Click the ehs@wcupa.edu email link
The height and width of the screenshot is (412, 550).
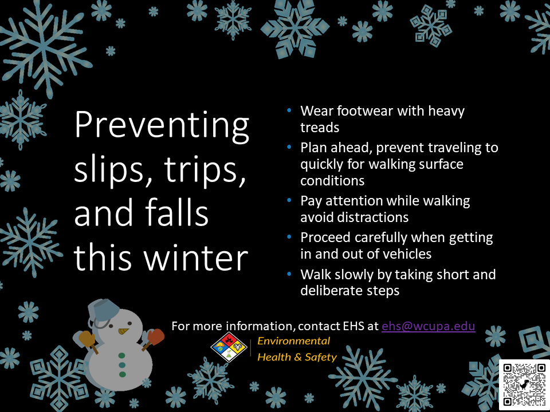coord(429,326)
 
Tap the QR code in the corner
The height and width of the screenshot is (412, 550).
coord(524,385)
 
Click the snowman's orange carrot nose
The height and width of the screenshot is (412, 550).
coord(123,331)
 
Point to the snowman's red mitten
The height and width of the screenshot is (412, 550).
coord(156,336)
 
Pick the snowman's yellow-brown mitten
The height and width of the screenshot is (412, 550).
coord(87,339)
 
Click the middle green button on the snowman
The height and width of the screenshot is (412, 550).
coord(122,365)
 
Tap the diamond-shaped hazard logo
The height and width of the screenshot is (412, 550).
coord(229,347)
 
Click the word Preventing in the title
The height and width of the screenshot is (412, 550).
coord(162,125)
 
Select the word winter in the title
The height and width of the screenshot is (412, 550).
coord(196,258)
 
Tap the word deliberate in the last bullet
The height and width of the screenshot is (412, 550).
coord(332,291)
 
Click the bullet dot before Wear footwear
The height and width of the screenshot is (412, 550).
coord(289,110)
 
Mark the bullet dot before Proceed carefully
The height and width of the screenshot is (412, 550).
coord(289,237)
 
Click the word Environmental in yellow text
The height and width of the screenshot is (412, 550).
coord(293,341)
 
